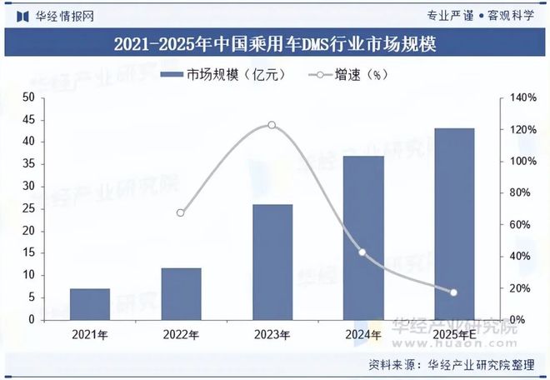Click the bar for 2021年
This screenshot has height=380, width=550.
(90, 304)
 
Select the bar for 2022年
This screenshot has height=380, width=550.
(181, 293)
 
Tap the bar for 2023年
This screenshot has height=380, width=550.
(272, 262)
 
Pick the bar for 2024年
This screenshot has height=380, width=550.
(363, 237)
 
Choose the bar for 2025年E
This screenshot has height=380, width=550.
(454, 223)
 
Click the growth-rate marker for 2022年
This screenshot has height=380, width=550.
(181, 212)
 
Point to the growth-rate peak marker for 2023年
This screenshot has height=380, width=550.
(272, 125)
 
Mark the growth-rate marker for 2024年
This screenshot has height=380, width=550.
(362, 252)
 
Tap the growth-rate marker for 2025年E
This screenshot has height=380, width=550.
(454, 292)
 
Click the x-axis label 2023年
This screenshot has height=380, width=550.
(272, 335)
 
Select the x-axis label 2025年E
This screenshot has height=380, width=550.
(454, 335)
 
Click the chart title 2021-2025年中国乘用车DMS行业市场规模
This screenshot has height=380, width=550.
(275, 43)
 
